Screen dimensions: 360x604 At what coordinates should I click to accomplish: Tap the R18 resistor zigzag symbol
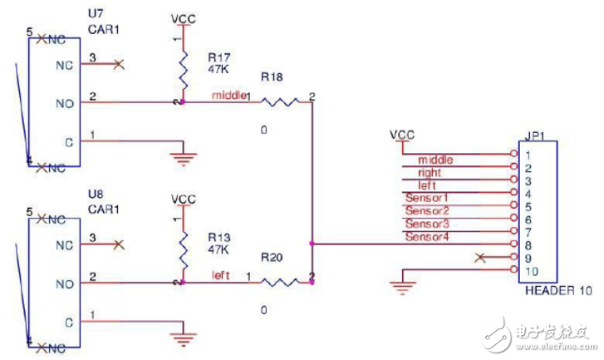click(281, 102)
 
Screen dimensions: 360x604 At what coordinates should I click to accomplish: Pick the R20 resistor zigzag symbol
click(281, 282)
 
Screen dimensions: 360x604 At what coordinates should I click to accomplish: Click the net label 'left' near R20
click(220, 275)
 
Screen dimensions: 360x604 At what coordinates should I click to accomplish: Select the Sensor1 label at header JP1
click(426, 198)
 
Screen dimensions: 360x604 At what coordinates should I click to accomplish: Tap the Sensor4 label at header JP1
click(426, 237)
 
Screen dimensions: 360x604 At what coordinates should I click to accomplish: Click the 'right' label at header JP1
click(430, 172)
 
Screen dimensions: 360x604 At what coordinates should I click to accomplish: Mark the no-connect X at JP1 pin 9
click(478, 259)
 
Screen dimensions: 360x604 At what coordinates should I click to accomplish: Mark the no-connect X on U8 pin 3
click(120, 244)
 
